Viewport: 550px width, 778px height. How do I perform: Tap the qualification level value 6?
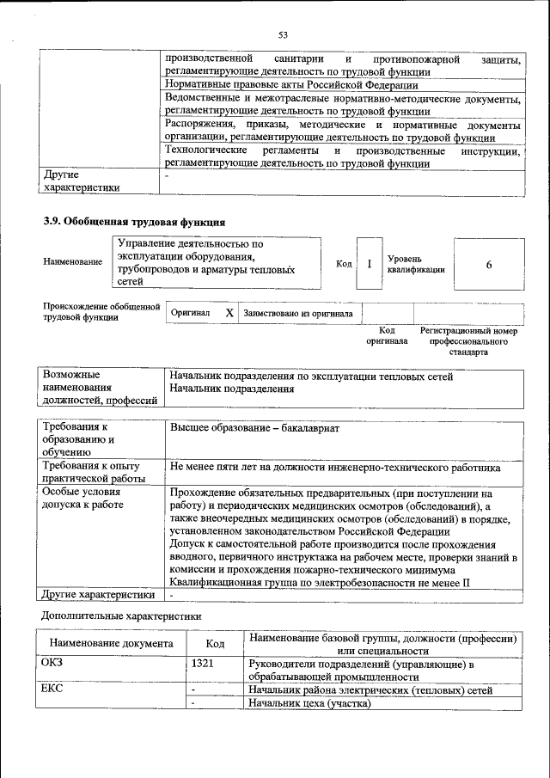[x=488, y=265]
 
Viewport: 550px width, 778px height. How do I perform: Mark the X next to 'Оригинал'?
[x=229, y=314]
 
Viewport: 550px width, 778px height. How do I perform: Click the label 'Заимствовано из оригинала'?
[x=298, y=314]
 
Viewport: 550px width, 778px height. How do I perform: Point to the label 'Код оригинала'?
[x=387, y=335]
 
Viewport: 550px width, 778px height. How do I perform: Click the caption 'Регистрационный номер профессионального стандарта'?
[x=468, y=341]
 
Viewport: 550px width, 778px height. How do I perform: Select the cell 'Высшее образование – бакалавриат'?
[x=255, y=427]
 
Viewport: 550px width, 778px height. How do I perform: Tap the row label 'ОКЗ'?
[x=52, y=663]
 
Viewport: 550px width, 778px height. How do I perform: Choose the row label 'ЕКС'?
[x=52, y=689]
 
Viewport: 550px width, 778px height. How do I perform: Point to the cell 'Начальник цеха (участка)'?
[x=309, y=703]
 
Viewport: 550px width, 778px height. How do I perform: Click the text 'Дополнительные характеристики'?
[x=122, y=616]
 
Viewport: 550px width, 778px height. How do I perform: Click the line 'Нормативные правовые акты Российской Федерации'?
[x=291, y=85]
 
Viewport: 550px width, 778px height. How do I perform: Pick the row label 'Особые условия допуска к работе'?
[x=82, y=499]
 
